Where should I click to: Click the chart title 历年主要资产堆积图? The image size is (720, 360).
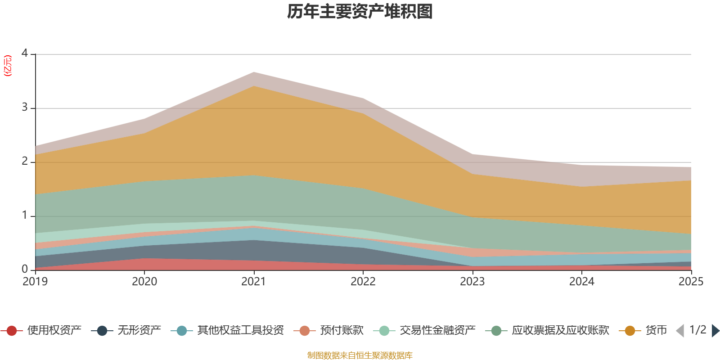[x=360, y=12]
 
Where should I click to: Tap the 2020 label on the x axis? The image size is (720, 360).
[x=144, y=282]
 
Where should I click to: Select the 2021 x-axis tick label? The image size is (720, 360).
[x=254, y=282]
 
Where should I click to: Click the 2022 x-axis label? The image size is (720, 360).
[x=363, y=282]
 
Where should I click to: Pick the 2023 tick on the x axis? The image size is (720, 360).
[x=472, y=282]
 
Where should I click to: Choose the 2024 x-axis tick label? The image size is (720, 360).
[x=582, y=282]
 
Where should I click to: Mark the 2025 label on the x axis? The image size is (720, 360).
[x=691, y=282]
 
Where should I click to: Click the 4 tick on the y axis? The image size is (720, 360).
[x=25, y=54]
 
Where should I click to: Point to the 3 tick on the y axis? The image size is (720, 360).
[x=25, y=108]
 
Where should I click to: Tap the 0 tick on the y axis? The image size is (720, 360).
[x=25, y=270]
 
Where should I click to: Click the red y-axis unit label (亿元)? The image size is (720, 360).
[x=8, y=66]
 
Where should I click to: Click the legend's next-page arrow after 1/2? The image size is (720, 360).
[x=715, y=331]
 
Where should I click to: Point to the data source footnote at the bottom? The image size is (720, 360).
[x=360, y=355]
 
